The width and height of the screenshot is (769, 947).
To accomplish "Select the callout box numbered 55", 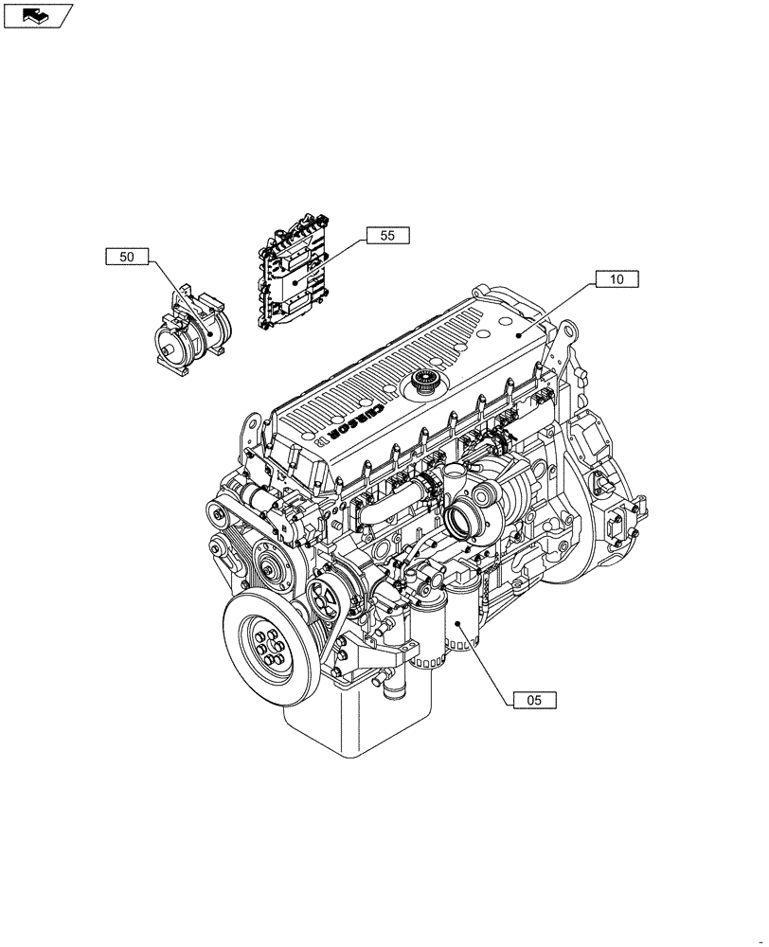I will [x=387, y=236].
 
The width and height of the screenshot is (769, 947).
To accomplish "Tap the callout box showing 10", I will [x=617, y=279].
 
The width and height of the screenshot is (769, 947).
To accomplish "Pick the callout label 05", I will [x=534, y=701].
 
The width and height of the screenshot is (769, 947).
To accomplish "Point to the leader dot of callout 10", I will [x=517, y=335].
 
